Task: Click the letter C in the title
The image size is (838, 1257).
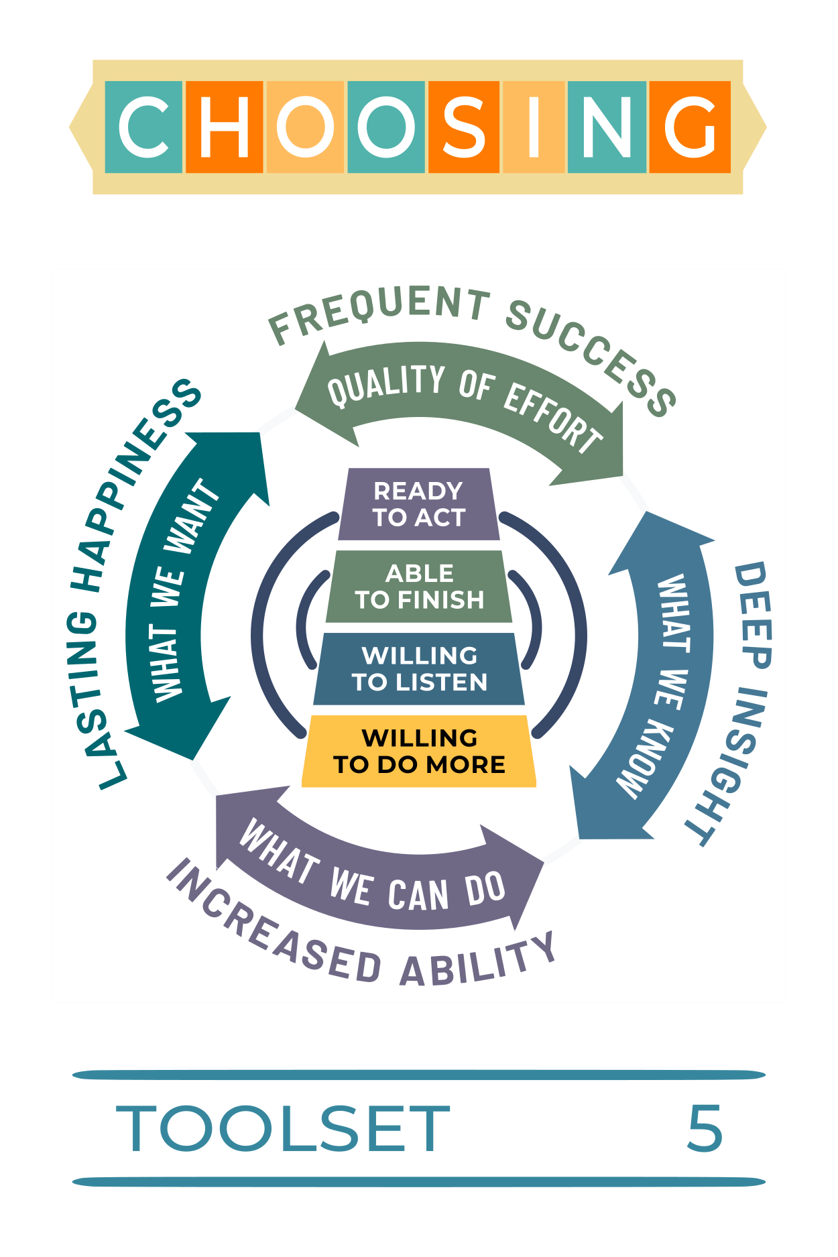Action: coord(143,127)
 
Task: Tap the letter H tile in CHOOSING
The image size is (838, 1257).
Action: coord(224,127)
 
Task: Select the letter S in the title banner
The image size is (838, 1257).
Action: coord(464,127)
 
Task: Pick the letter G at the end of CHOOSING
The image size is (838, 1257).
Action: coord(690,127)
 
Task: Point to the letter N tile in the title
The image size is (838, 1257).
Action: coord(607,127)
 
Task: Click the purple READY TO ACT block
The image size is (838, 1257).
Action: coord(419,504)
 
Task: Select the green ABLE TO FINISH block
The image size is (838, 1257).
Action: coord(419,587)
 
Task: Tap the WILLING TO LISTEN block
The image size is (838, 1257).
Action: coord(419,669)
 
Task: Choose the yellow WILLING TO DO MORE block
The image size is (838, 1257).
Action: coord(419,751)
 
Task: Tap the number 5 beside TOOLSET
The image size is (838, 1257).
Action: coord(705,1130)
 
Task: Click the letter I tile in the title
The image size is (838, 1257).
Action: coord(534,127)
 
